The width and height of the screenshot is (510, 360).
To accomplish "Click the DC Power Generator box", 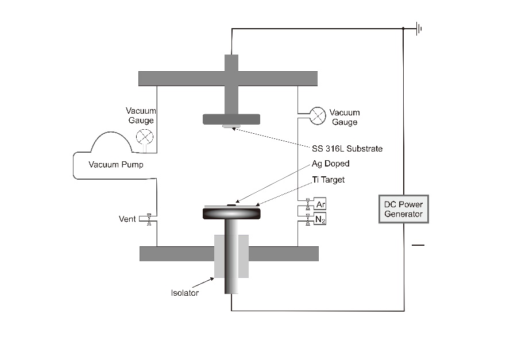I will coord(404,209).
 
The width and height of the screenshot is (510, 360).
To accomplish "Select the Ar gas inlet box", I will coord(320,204).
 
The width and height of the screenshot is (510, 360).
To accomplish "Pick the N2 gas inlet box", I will coord(320,219).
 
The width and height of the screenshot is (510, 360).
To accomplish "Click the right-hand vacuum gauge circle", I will coord(318,115).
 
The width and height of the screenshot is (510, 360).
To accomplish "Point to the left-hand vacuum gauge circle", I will coord(144,136).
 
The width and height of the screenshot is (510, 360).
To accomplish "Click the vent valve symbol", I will coord(149,219).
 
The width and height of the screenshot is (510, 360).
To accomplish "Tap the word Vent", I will coord(127,219).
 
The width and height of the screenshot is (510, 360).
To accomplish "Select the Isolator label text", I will coord(185,293).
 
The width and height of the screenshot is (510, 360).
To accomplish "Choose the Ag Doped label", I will coord(331,164).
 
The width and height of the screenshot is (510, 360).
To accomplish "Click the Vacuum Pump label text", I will coord(116,165).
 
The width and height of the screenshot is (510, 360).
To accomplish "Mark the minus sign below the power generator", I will coord(418,245).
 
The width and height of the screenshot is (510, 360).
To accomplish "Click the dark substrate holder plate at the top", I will coord(231,119).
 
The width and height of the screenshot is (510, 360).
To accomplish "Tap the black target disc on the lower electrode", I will coord(231,212).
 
